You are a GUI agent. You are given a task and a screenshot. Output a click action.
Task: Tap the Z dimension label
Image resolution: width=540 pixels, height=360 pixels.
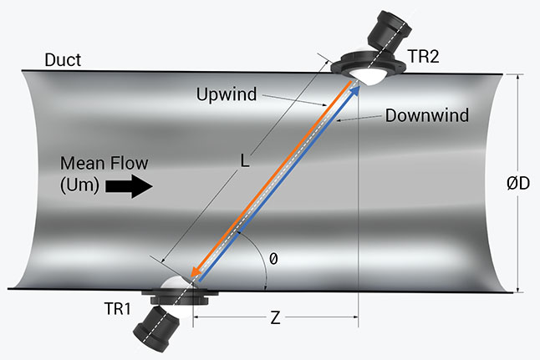[x=275, y=318]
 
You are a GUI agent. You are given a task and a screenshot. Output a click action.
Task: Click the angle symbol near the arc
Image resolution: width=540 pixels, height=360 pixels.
[x=273, y=260]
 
